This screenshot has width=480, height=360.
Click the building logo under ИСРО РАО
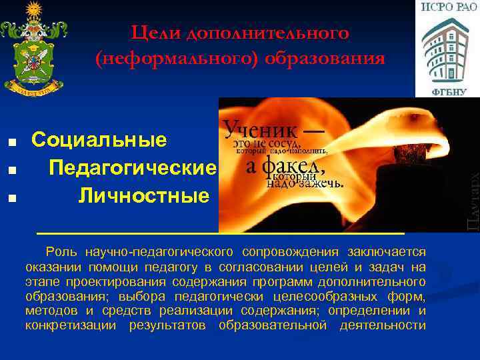coord(446,49)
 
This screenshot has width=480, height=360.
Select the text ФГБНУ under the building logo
coord(446,90)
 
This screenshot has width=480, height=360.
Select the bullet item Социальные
coord(99,140)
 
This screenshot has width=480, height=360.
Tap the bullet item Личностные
coord(144,196)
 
